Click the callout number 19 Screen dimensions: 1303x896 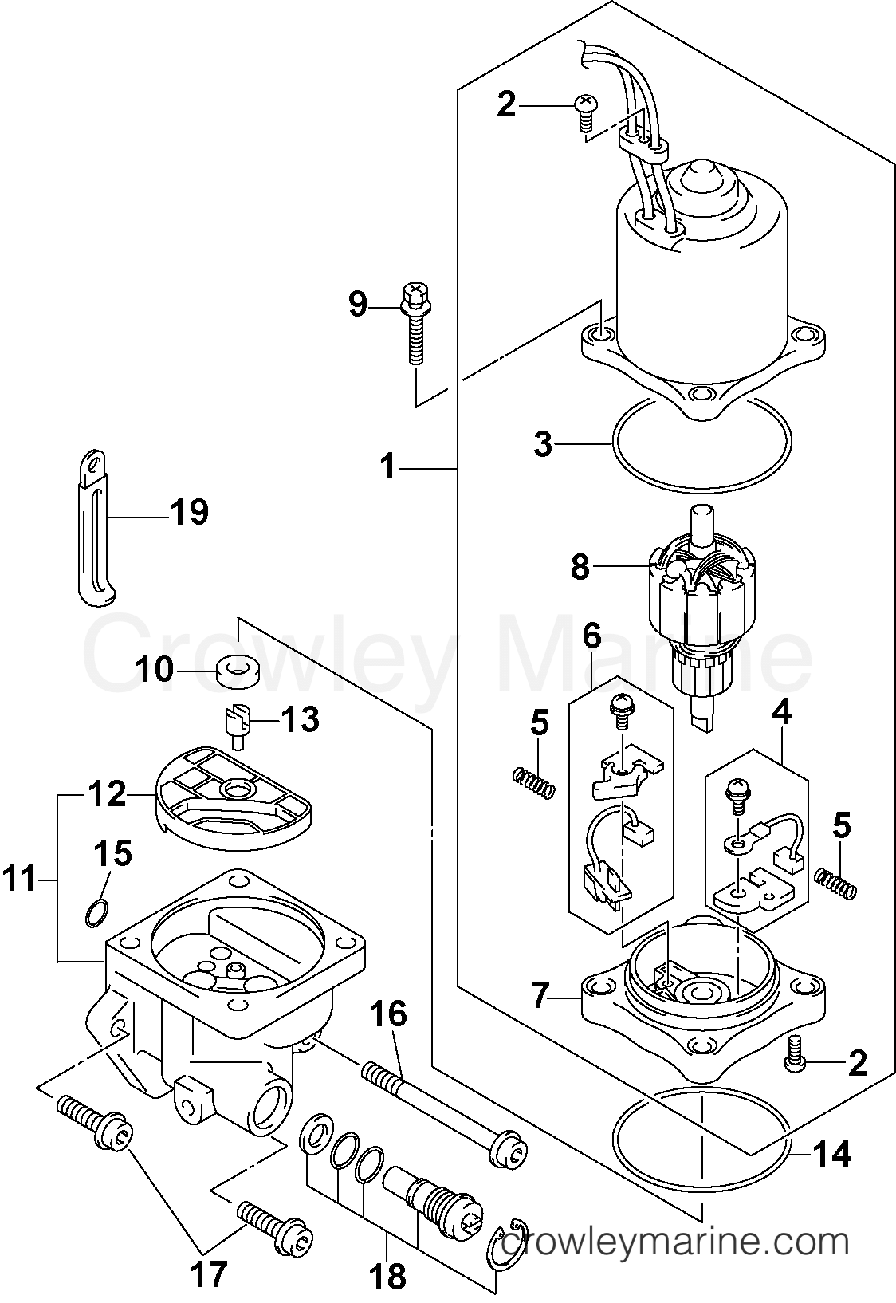[189, 511]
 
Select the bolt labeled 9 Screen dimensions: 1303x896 [415, 327]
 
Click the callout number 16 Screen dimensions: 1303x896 [387, 1014]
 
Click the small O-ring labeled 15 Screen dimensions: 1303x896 [96, 912]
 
